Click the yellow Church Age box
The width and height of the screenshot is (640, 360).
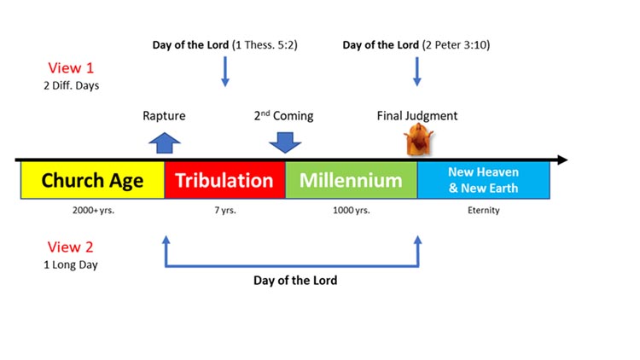(x=92, y=180)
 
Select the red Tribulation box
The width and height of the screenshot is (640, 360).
(x=224, y=180)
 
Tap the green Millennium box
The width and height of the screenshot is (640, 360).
(x=351, y=180)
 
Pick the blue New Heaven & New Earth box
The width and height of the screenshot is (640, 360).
(x=483, y=180)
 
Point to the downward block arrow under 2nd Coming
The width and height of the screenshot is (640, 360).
(x=284, y=142)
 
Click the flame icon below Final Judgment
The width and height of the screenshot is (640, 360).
(x=418, y=140)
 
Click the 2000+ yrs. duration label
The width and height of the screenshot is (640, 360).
(x=92, y=210)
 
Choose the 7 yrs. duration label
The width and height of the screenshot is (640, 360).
(x=224, y=210)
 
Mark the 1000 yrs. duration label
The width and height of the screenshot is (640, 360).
(x=351, y=210)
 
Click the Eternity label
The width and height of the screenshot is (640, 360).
(x=483, y=210)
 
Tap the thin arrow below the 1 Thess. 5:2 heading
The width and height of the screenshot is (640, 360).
(x=225, y=72)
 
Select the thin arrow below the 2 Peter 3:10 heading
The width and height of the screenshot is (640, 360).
(x=417, y=72)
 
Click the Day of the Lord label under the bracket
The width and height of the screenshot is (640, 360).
(x=295, y=280)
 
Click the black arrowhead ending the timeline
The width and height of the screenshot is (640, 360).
(x=561, y=160)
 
